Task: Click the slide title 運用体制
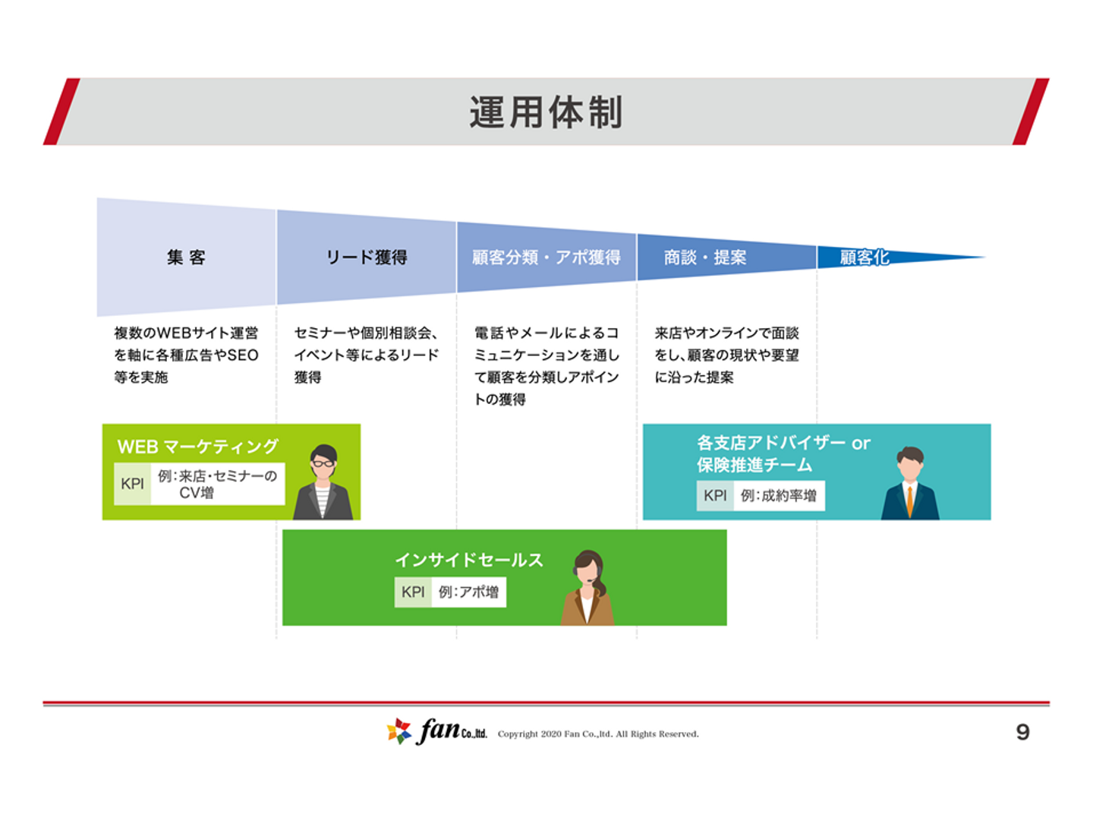pos(546,112)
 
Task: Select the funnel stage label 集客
pos(186,257)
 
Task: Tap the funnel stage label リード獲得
pos(367,257)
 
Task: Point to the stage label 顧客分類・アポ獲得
pos(546,257)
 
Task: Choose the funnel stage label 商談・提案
pos(705,257)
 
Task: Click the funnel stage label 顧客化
pos(864,257)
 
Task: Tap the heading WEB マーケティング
pos(197,446)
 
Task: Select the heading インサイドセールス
pos(468,560)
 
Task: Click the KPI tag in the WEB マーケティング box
pos(133,483)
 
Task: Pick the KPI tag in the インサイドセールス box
pos(413,592)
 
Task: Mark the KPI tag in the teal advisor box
pos(714,495)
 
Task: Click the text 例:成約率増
pos(778,495)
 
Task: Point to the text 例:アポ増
pos(468,592)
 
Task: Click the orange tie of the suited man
pos(910,500)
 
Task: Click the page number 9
pos(1022,732)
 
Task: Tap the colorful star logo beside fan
pos(398,731)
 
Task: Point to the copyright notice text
pos(598,734)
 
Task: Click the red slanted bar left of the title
pos(61,112)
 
